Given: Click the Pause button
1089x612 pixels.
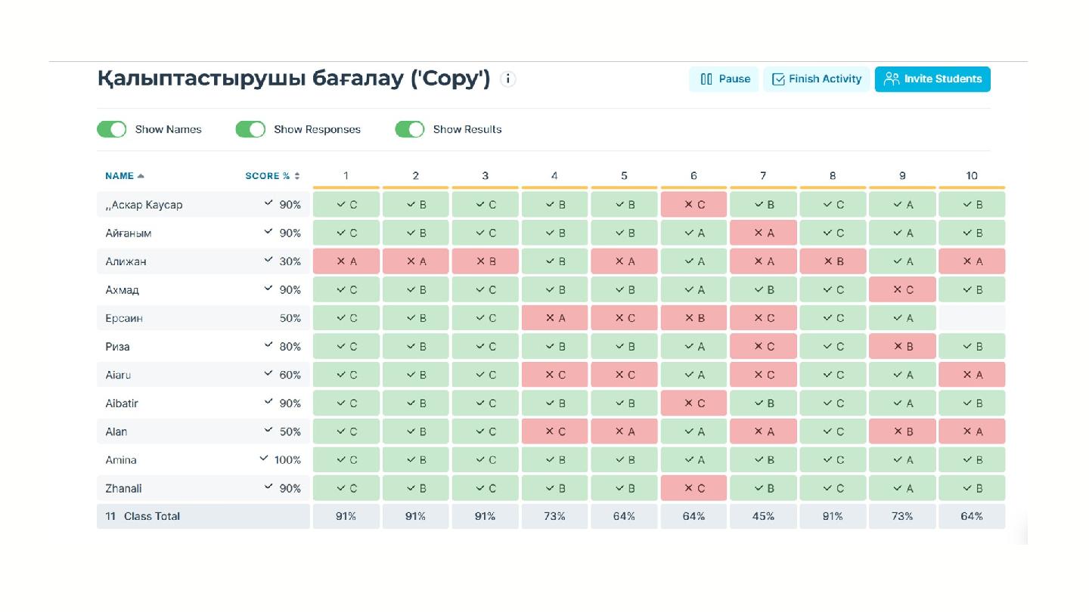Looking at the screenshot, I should pyautogui.click(x=724, y=79).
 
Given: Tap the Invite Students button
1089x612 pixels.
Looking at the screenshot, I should pyautogui.click(x=932, y=79).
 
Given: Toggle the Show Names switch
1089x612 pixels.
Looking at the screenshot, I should pyautogui.click(x=112, y=129).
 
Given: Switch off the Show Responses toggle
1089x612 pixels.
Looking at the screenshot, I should pyautogui.click(x=250, y=129).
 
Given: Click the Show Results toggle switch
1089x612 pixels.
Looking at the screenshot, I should pyautogui.click(x=410, y=129).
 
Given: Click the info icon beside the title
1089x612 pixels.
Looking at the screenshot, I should pyautogui.click(x=508, y=79).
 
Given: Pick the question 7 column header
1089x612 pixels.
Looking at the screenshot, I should pyautogui.click(x=763, y=176).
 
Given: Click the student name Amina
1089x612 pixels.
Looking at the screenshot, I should pyautogui.click(x=121, y=460).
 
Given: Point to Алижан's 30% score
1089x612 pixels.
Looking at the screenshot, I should pyautogui.click(x=290, y=261).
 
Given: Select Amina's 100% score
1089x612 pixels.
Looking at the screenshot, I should pyautogui.click(x=287, y=460).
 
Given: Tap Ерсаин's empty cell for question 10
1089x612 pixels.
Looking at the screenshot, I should pyautogui.click(x=972, y=318).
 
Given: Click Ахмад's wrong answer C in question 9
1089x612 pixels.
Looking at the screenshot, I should pyautogui.click(x=902, y=290).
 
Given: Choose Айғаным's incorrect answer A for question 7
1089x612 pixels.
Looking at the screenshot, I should pyautogui.click(x=763, y=233).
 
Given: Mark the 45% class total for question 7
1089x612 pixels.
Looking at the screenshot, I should pyautogui.click(x=763, y=517).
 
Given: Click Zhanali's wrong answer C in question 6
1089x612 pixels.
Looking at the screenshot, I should pyautogui.click(x=693, y=489).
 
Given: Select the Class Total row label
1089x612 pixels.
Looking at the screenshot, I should pyautogui.click(x=151, y=517).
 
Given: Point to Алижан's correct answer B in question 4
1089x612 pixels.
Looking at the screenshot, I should pyautogui.click(x=554, y=261).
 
